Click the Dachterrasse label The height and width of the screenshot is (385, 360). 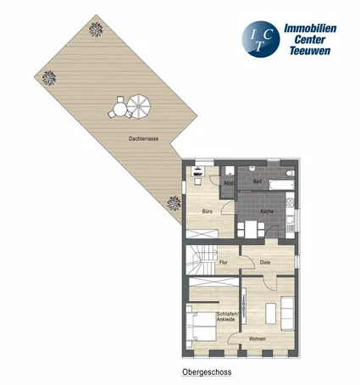[x=143, y=139]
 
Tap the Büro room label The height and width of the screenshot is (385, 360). [x=208, y=211]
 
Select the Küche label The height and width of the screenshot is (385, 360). [x=267, y=211]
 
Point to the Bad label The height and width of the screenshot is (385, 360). [x=258, y=181]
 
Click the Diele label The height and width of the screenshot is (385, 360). [x=265, y=262]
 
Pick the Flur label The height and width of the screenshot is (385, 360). [x=224, y=262]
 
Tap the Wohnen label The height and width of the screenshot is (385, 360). [x=257, y=338]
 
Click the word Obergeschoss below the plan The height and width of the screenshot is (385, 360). [x=207, y=372]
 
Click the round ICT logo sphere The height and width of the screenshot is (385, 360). [x=261, y=39]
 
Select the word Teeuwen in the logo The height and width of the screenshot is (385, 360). [x=310, y=51]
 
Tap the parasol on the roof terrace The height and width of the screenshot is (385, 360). [x=138, y=107]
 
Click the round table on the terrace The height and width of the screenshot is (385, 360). [x=120, y=109]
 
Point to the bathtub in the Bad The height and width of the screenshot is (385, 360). [x=281, y=185]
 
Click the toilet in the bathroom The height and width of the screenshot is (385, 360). [x=290, y=173]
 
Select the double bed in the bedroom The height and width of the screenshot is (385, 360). [x=201, y=326]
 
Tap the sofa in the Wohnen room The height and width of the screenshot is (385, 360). [x=288, y=314]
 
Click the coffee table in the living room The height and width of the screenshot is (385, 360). [x=271, y=313]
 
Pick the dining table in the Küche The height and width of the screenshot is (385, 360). [x=251, y=229]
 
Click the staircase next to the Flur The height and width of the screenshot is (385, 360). [x=201, y=259]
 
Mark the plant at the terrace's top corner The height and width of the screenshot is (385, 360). [x=96, y=30]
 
